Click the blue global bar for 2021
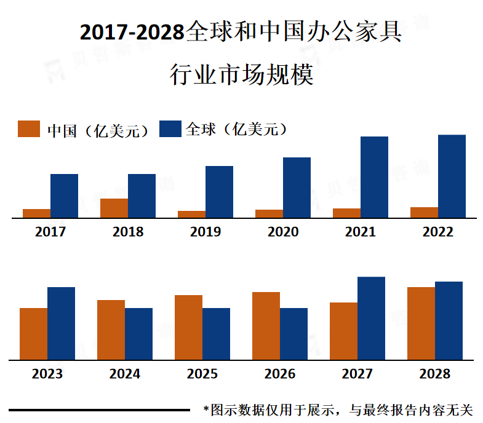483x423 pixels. point(374,177)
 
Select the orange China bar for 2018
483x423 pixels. point(114,208)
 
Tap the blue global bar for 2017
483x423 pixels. point(64,196)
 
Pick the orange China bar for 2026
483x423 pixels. point(266,326)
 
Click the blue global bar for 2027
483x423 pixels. point(371,318)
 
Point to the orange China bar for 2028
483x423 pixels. point(421,323)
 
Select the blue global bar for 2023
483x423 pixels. point(61,323)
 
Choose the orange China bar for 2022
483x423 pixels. point(424,213)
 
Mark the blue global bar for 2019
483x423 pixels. point(219,192)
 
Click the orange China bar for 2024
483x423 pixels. point(111,330)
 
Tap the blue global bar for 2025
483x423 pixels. point(216,334)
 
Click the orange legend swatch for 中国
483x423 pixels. point(29,129)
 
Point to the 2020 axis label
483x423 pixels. point(283,232)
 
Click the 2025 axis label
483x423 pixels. point(202,374)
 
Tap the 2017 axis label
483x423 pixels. point(50,232)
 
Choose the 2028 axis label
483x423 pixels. point(435,374)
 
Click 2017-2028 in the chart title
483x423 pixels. point(132,33)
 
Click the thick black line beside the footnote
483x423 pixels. point(99,409)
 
